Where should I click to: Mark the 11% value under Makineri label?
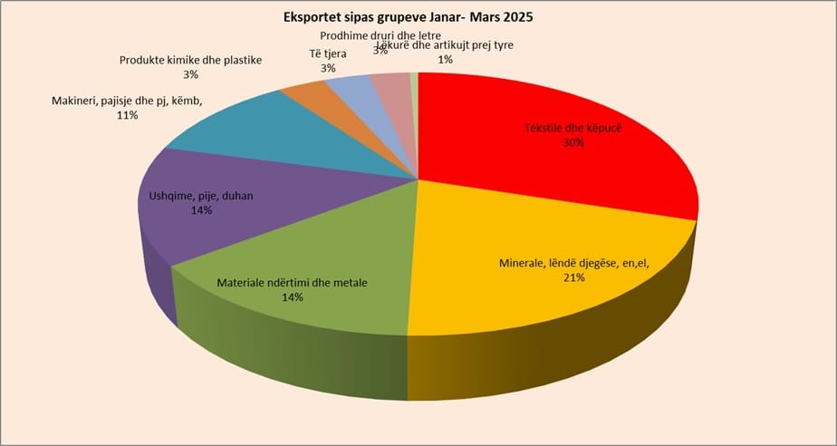(x=126, y=115)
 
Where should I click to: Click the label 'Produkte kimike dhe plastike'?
(x=190, y=61)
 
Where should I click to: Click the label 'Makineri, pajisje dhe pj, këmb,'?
(x=127, y=101)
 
